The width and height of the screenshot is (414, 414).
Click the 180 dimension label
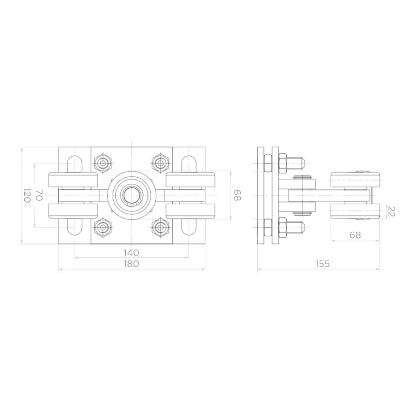click(131, 263)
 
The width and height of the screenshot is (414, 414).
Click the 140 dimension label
click(131, 253)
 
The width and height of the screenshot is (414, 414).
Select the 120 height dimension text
click(26, 195)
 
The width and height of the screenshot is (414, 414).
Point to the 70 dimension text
click(39, 195)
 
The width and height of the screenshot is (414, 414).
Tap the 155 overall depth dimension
click(322, 263)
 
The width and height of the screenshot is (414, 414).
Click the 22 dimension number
click(391, 211)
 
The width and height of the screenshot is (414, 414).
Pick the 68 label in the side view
click(355, 235)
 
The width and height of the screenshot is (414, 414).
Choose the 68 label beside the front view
click(237, 195)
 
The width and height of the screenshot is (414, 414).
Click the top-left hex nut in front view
click(103, 163)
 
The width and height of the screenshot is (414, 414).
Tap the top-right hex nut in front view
click(160, 163)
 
